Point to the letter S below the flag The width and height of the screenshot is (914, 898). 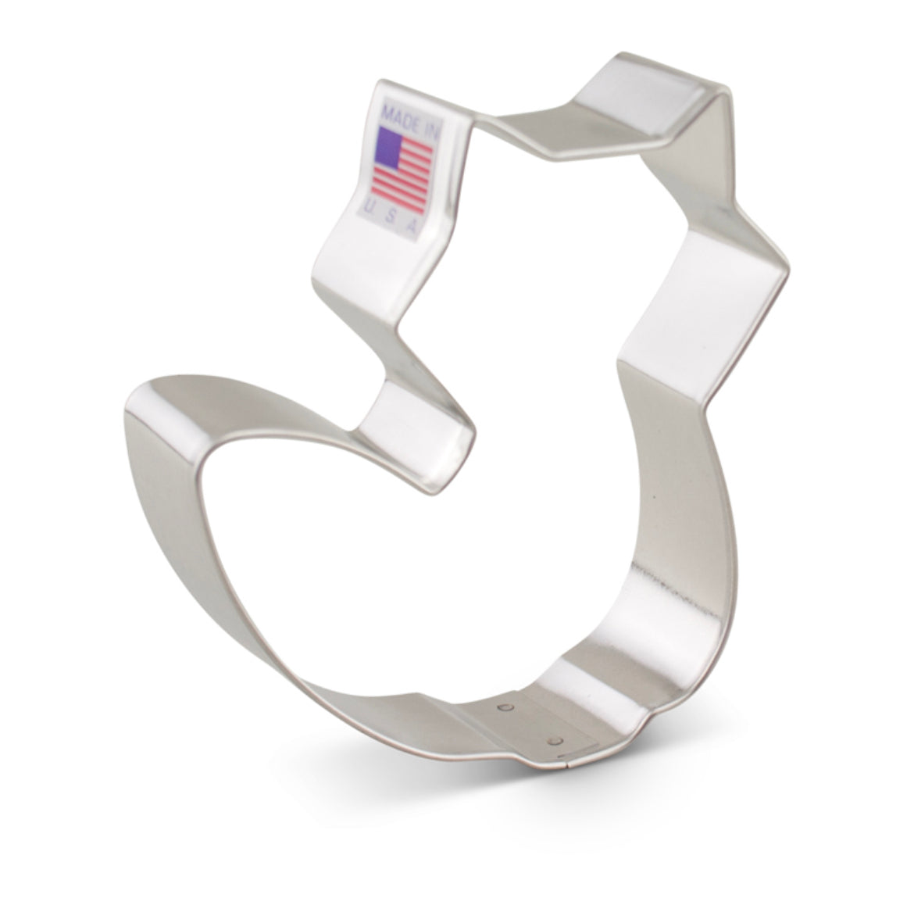point(391,215)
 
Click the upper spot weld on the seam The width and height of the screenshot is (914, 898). point(505,708)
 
